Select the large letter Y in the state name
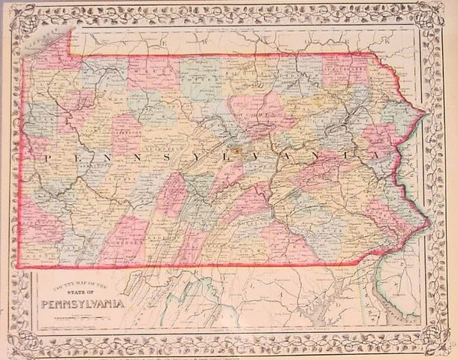coord(187,158)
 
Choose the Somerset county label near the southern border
coord(124,243)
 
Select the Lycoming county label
coord(255,112)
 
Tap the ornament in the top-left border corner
coord(16,16)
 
